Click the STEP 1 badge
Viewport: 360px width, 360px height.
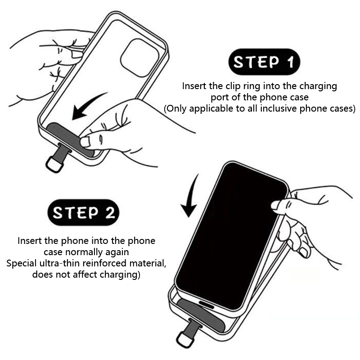[x=264, y=62]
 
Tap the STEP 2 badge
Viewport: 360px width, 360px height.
[x=83, y=212]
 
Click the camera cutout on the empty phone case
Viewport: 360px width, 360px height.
[x=139, y=58]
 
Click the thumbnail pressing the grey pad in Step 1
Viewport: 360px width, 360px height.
[x=85, y=142]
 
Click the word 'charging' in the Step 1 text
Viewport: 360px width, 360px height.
[x=318, y=86]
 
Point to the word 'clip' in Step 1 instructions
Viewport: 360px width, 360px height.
[x=233, y=86]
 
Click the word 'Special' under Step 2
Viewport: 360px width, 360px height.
[x=22, y=264]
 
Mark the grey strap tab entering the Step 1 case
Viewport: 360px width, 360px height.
[x=63, y=151]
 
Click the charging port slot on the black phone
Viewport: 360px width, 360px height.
[x=207, y=304]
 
